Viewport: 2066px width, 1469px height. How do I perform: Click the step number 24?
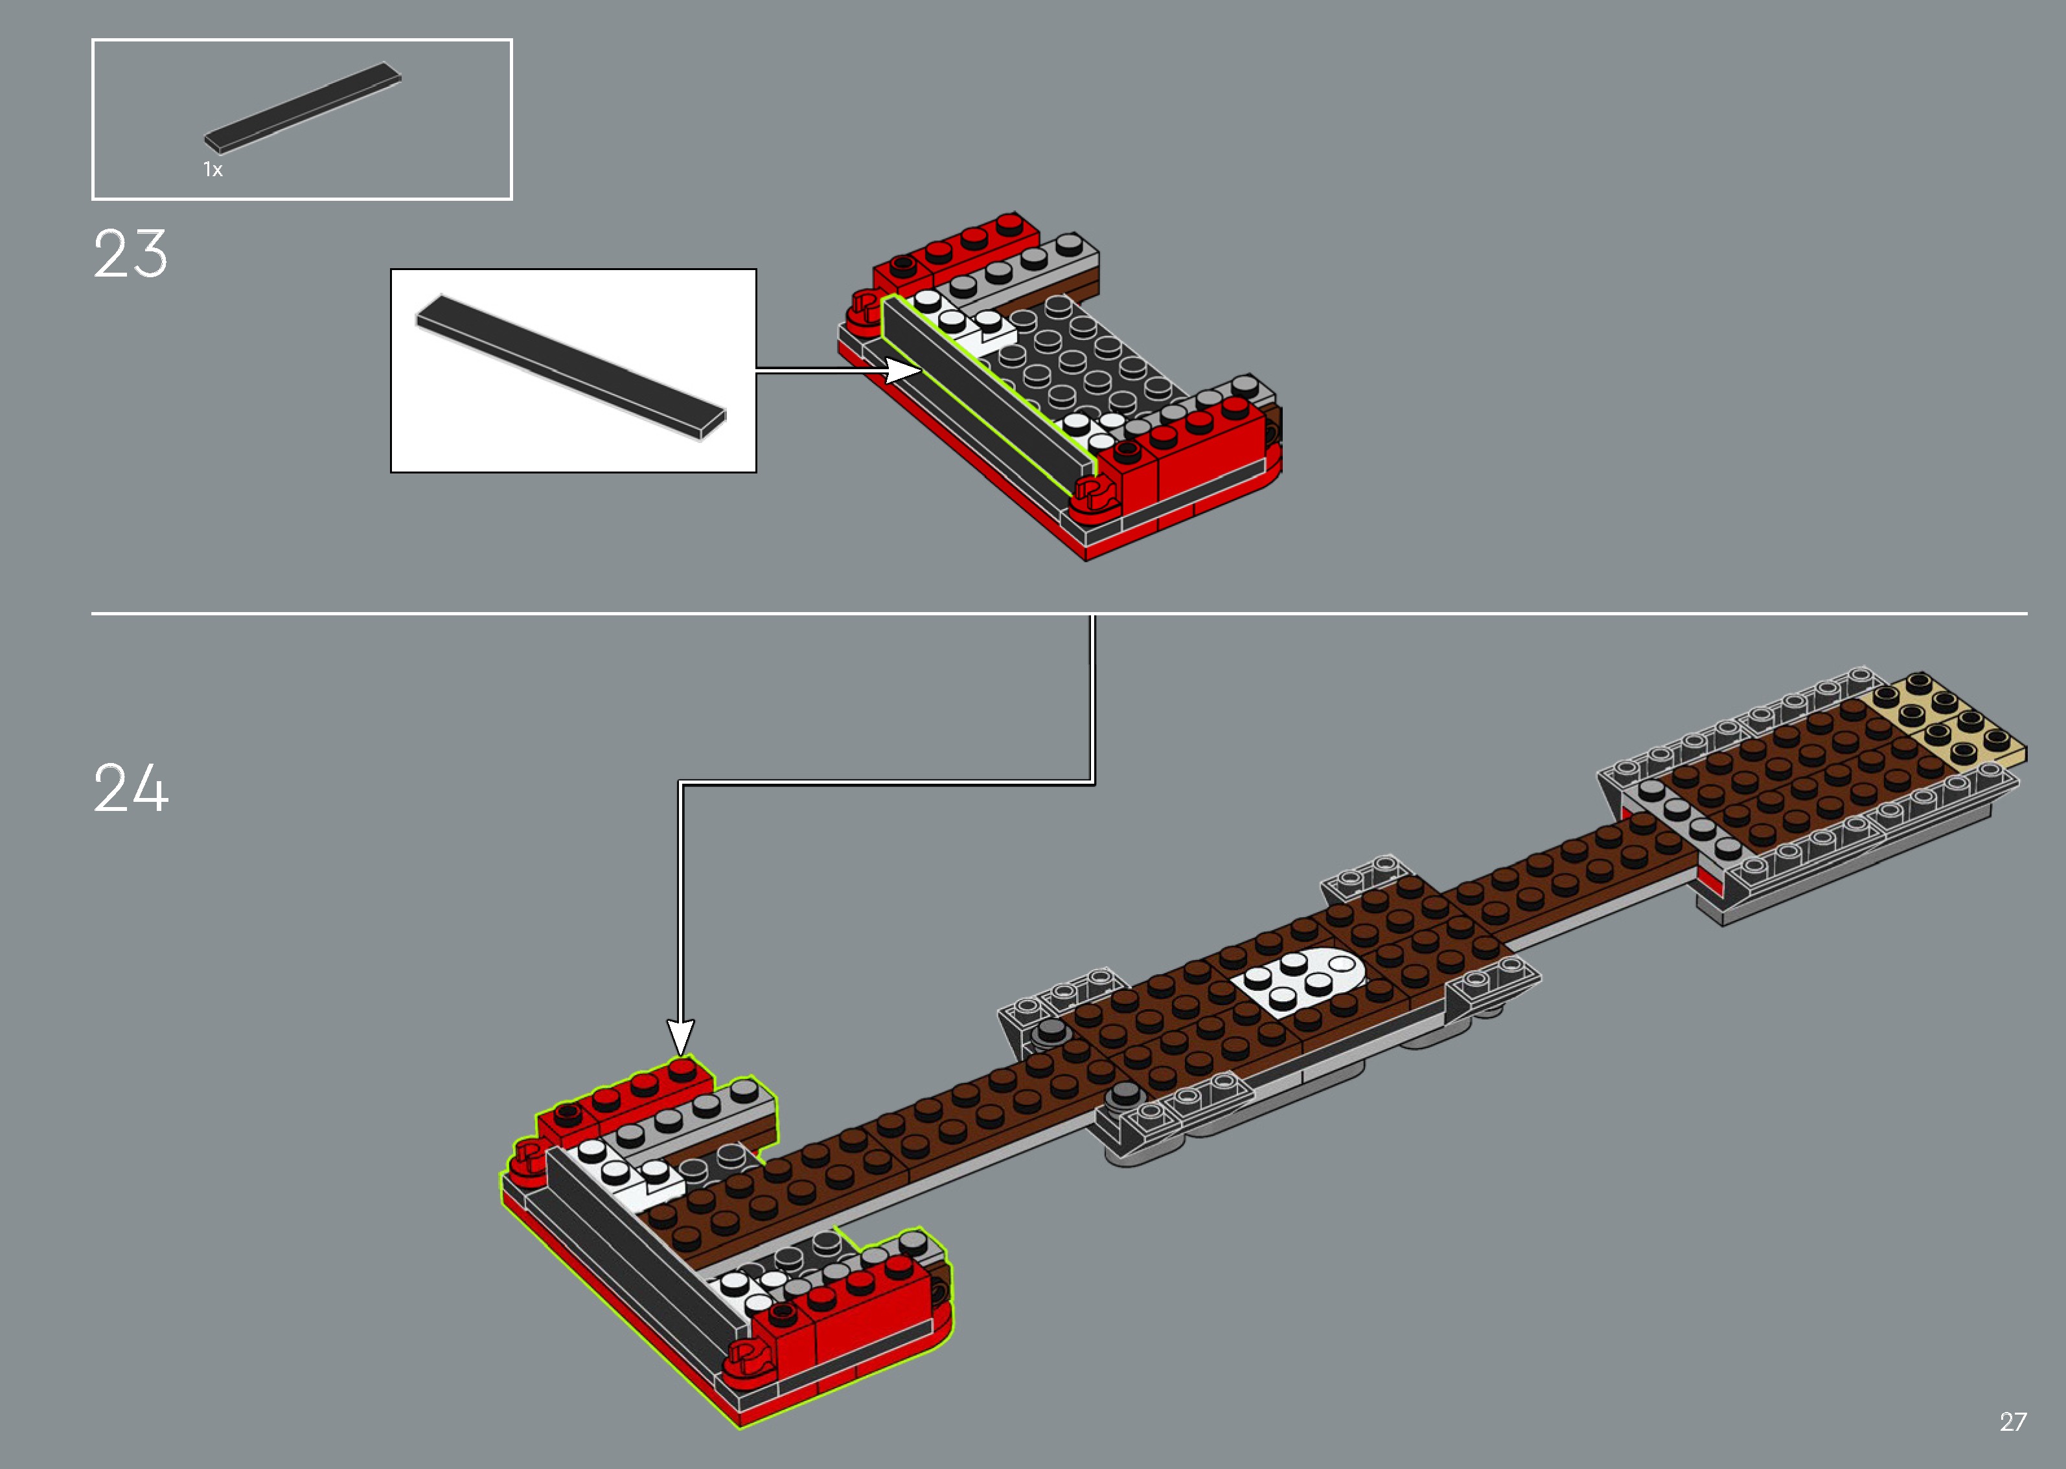[x=130, y=789]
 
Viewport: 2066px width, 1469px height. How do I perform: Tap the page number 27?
[x=2013, y=1422]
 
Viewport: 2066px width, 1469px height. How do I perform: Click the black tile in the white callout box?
[x=570, y=367]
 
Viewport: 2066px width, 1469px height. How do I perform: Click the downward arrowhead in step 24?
[x=680, y=1036]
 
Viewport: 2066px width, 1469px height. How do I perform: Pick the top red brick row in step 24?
[x=624, y=1099]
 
